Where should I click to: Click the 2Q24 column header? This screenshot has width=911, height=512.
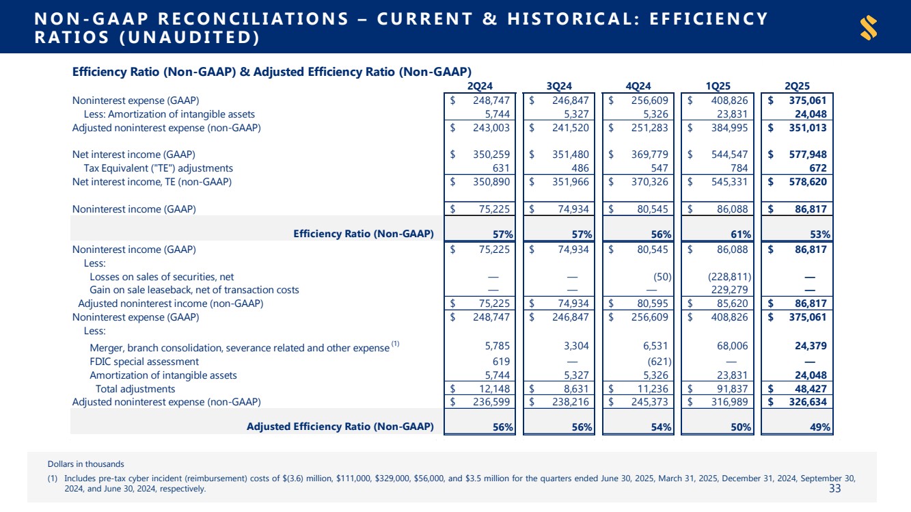point(481,85)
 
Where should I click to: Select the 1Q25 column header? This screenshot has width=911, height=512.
point(718,85)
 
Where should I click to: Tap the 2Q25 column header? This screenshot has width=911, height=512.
point(797,85)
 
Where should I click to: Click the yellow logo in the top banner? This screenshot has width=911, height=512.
point(869,28)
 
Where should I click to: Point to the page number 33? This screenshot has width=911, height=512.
point(834,488)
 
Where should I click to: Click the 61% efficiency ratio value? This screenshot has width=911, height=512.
point(741,234)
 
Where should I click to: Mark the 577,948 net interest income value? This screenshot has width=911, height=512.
point(808,154)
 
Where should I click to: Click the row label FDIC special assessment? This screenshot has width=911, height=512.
point(144,362)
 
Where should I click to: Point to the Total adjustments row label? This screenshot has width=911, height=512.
point(135,389)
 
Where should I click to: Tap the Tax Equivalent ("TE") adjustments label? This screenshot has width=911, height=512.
point(159,168)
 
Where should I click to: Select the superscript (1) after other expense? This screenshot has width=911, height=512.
point(395,344)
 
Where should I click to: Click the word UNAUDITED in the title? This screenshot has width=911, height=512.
point(191,38)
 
